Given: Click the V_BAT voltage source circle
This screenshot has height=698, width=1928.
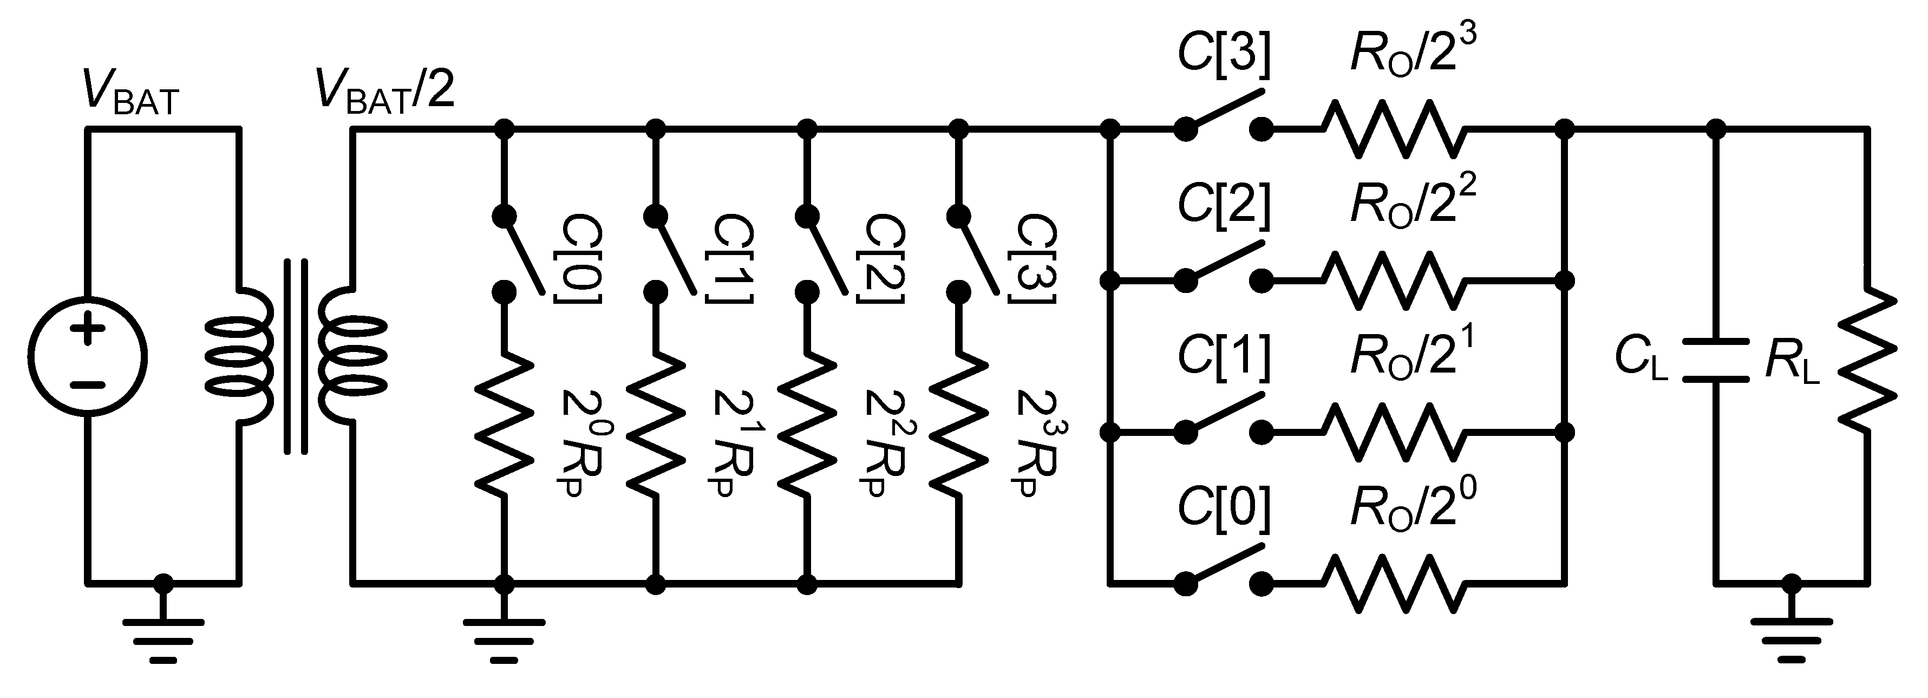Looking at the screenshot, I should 88,355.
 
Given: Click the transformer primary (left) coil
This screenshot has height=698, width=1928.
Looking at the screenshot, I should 238,356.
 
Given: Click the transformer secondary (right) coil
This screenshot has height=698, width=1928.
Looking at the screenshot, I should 352,356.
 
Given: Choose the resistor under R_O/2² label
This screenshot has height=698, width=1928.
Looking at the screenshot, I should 1392,281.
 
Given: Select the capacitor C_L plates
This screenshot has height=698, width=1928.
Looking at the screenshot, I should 1715,360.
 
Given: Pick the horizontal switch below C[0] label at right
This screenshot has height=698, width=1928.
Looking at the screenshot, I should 1223,573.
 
